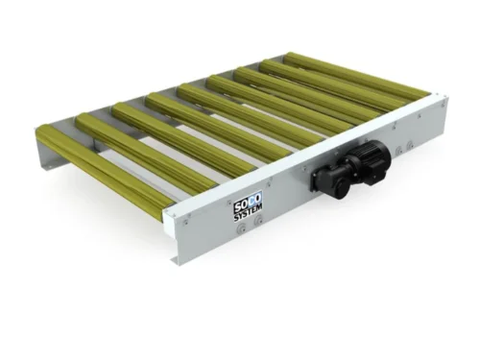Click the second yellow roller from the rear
click(x=331, y=84)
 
